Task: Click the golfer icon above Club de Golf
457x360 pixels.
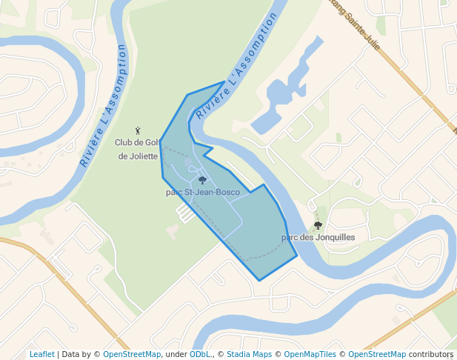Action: pyautogui.click(x=138, y=130)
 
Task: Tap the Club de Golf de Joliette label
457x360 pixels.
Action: pyautogui.click(x=138, y=149)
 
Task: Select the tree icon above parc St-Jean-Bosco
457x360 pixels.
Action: pyautogui.click(x=202, y=180)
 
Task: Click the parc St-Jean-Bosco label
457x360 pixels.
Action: pyautogui.click(x=202, y=193)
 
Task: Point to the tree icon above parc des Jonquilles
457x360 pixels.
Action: pyautogui.click(x=318, y=225)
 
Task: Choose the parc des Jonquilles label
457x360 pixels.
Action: pyautogui.click(x=318, y=238)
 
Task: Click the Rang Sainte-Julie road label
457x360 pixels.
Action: pyautogui.click(x=353, y=22)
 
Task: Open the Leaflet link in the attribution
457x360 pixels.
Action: pyautogui.click(x=41, y=355)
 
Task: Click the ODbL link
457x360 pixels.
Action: pyautogui.click(x=200, y=355)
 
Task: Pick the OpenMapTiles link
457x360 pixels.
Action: pyautogui.click(x=310, y=355)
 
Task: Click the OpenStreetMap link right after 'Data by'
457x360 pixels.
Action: pyautogui.click(x=131, y=355)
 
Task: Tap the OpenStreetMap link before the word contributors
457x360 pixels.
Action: pyautogui.click(x=376, y=355)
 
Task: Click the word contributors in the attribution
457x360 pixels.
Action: pyautogui.click(x=430, y=355)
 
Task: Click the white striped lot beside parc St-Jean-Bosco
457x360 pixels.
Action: pyautogui.click(x=184, y=213)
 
